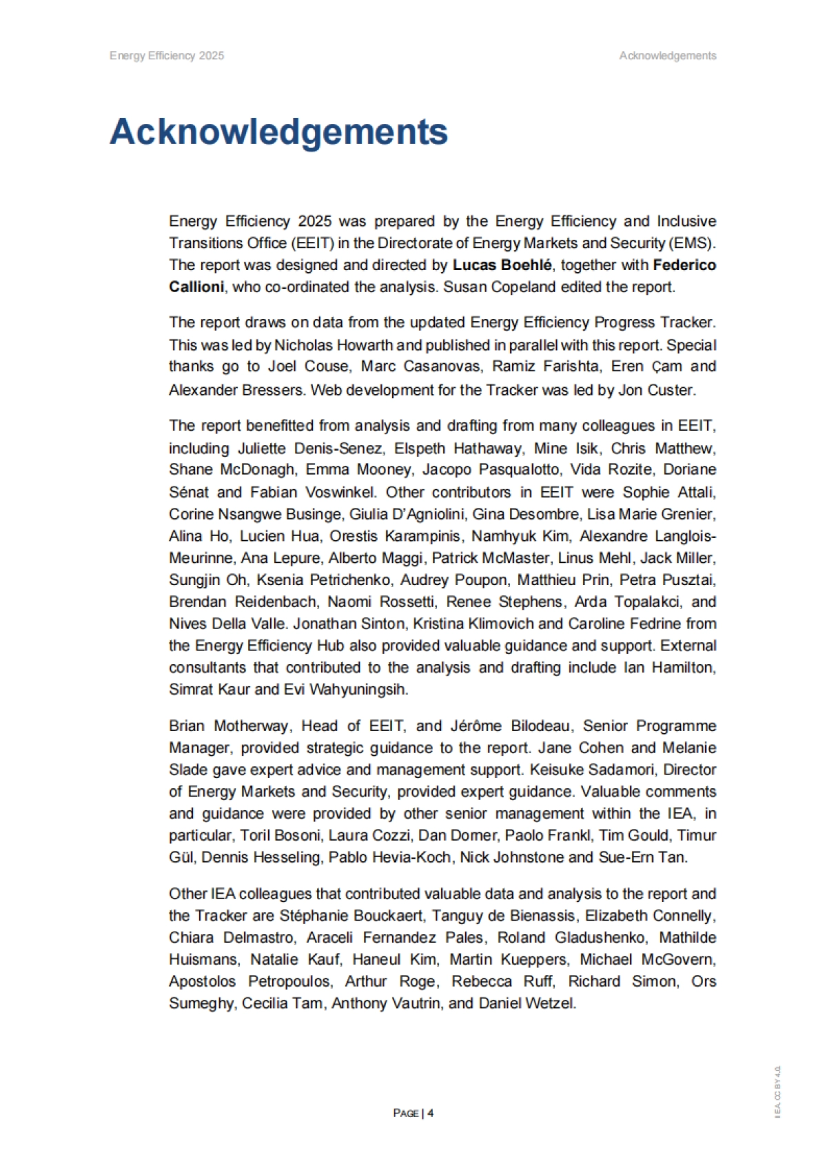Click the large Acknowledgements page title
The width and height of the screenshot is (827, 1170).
coord(278,132)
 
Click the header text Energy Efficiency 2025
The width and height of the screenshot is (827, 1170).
coord(167,56)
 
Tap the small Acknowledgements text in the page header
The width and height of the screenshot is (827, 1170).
coord(667,56)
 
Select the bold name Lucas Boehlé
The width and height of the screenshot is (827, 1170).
coord(502,265)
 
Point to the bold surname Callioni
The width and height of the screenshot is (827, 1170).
coord(196,287)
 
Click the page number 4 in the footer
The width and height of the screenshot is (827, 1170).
coord(431,1113)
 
